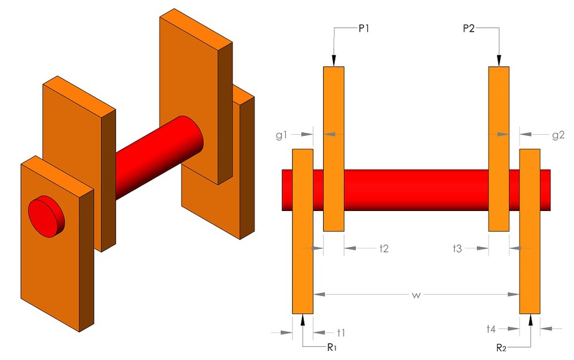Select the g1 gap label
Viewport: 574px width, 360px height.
pos(283,133)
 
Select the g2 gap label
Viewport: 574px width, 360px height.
pos(558,133)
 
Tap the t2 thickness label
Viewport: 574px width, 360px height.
pos(384,248)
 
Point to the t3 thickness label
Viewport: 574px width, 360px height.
pos(458,248)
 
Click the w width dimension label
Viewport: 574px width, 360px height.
pos(416,294)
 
